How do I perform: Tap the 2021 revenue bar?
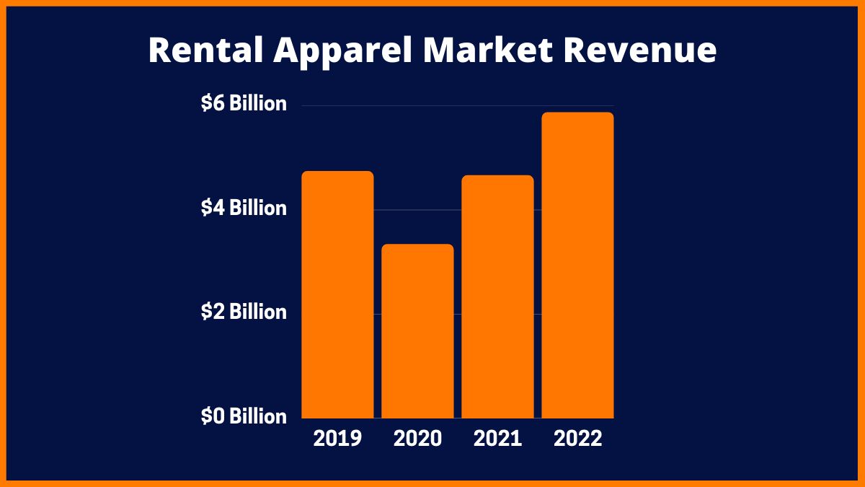click(497, 297)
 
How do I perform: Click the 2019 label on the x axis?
click(337, 439)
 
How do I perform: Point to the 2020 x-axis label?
click(417, 439)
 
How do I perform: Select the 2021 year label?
click(497, 439)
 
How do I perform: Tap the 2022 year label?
click(577, 439)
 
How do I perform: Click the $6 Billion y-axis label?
click(244, 104)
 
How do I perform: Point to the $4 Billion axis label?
click(244, 209)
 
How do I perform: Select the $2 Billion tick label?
click(244, 312)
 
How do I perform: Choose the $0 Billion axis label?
click(244, 416)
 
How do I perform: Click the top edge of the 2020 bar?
click(417, 245)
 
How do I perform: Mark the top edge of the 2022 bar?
click(577, 113)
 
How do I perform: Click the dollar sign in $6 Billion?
click(205, 104)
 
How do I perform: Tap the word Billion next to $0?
click(258, 416)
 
